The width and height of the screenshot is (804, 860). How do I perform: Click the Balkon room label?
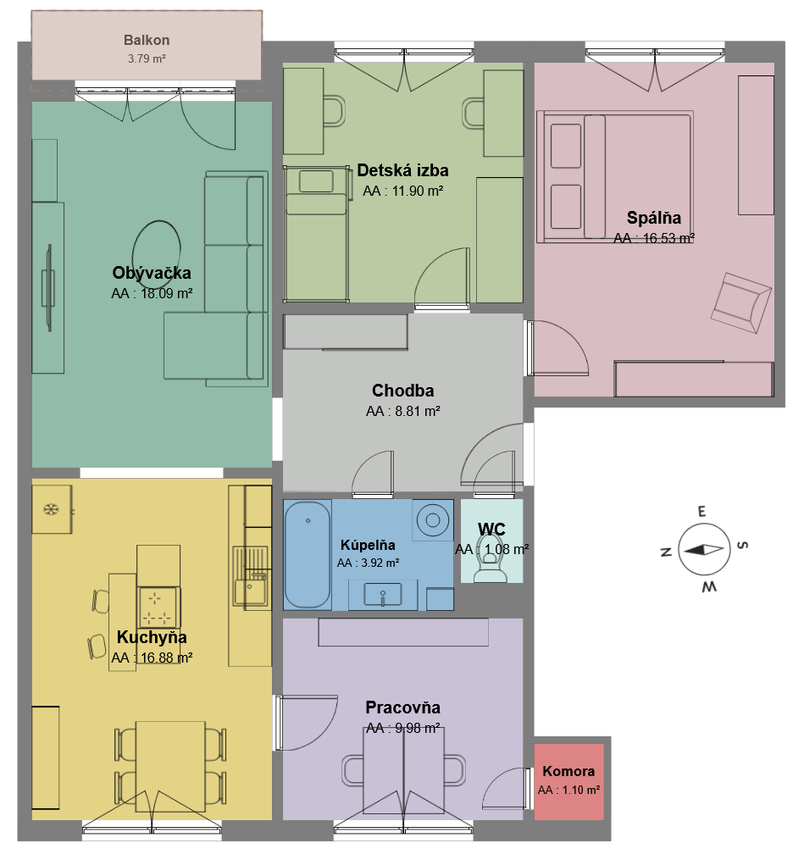(x=147, y=40)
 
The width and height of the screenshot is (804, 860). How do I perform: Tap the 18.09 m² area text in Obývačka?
(x=152, y=294)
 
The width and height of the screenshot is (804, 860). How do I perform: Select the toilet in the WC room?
(x=491, y=564)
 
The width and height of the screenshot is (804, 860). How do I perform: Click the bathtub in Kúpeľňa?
(x=306, y=554)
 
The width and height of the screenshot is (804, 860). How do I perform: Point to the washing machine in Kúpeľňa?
(x=434, y=519)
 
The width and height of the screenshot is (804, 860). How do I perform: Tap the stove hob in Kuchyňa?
(x=158, y=606)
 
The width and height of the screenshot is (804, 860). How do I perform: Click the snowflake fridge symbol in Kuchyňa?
(x=51, y=509)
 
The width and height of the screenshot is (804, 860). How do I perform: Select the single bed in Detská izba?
(x=316, y=234)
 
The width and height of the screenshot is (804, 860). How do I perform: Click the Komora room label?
(x=568, y=772)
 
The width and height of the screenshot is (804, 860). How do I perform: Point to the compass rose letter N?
(x=666, y=552)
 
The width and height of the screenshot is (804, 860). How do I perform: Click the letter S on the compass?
(x=742, y=545)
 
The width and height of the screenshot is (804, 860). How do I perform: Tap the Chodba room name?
(x=402, y=391)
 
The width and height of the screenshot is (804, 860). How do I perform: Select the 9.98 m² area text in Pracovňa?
(x=402, y=729)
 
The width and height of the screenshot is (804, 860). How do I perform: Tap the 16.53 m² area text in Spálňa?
(x=654, y=238)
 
